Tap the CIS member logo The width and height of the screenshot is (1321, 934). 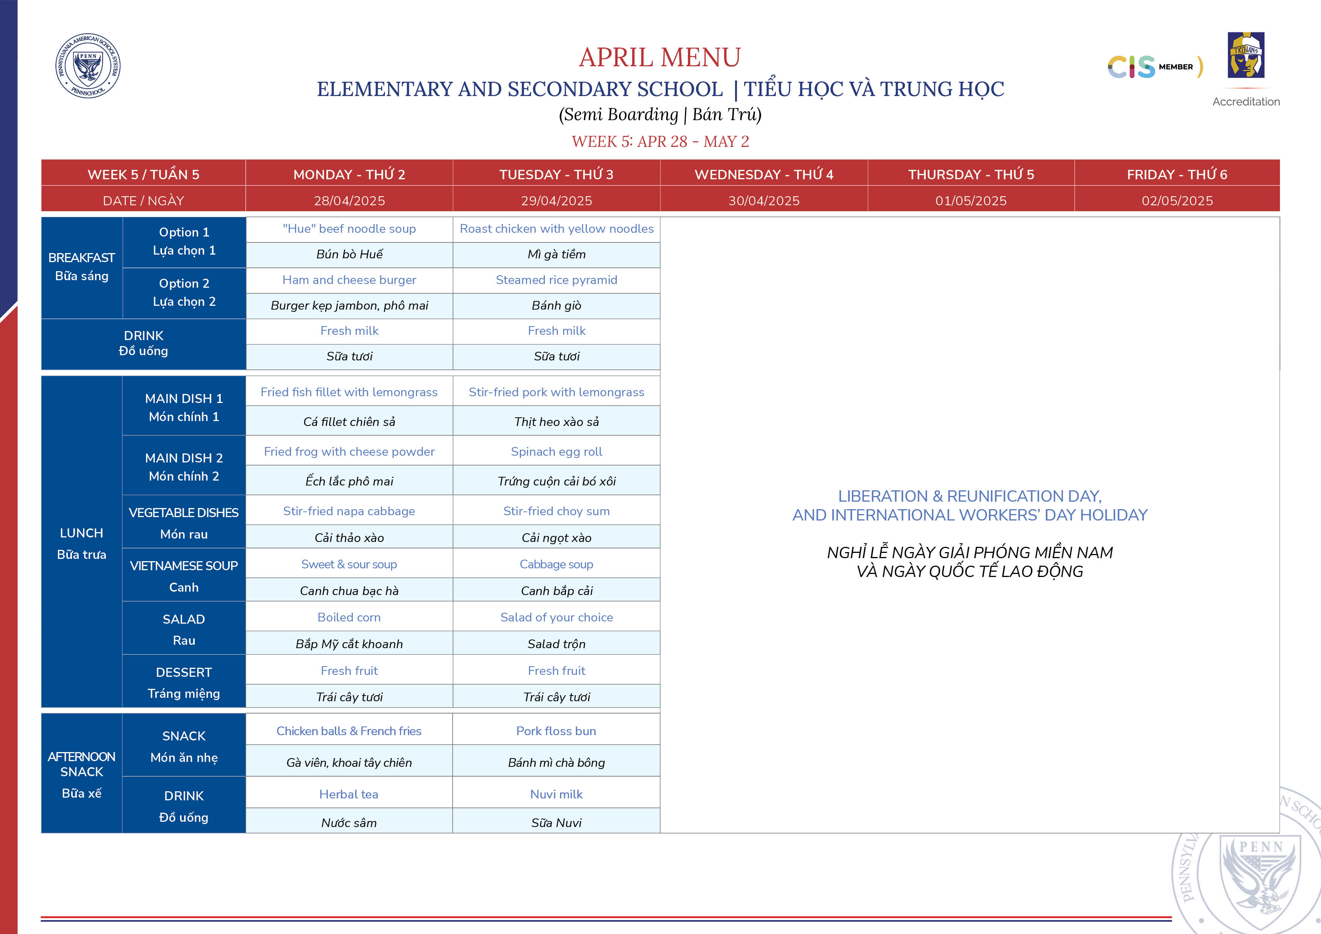click(x=1153, y=67)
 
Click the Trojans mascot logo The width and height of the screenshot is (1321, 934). click(x=1246, y=55)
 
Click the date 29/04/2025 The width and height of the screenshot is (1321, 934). click(x=556, y=200)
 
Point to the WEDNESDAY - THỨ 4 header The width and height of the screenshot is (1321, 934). click(x=763, y=174)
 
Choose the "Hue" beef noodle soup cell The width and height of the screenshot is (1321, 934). click(x=349, y=229)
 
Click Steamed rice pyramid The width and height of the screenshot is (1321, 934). click(x=556, y=280)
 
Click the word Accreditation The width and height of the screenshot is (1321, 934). click(x=1246, y=102)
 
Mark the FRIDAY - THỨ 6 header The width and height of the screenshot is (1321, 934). click(x=1177, y=174)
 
